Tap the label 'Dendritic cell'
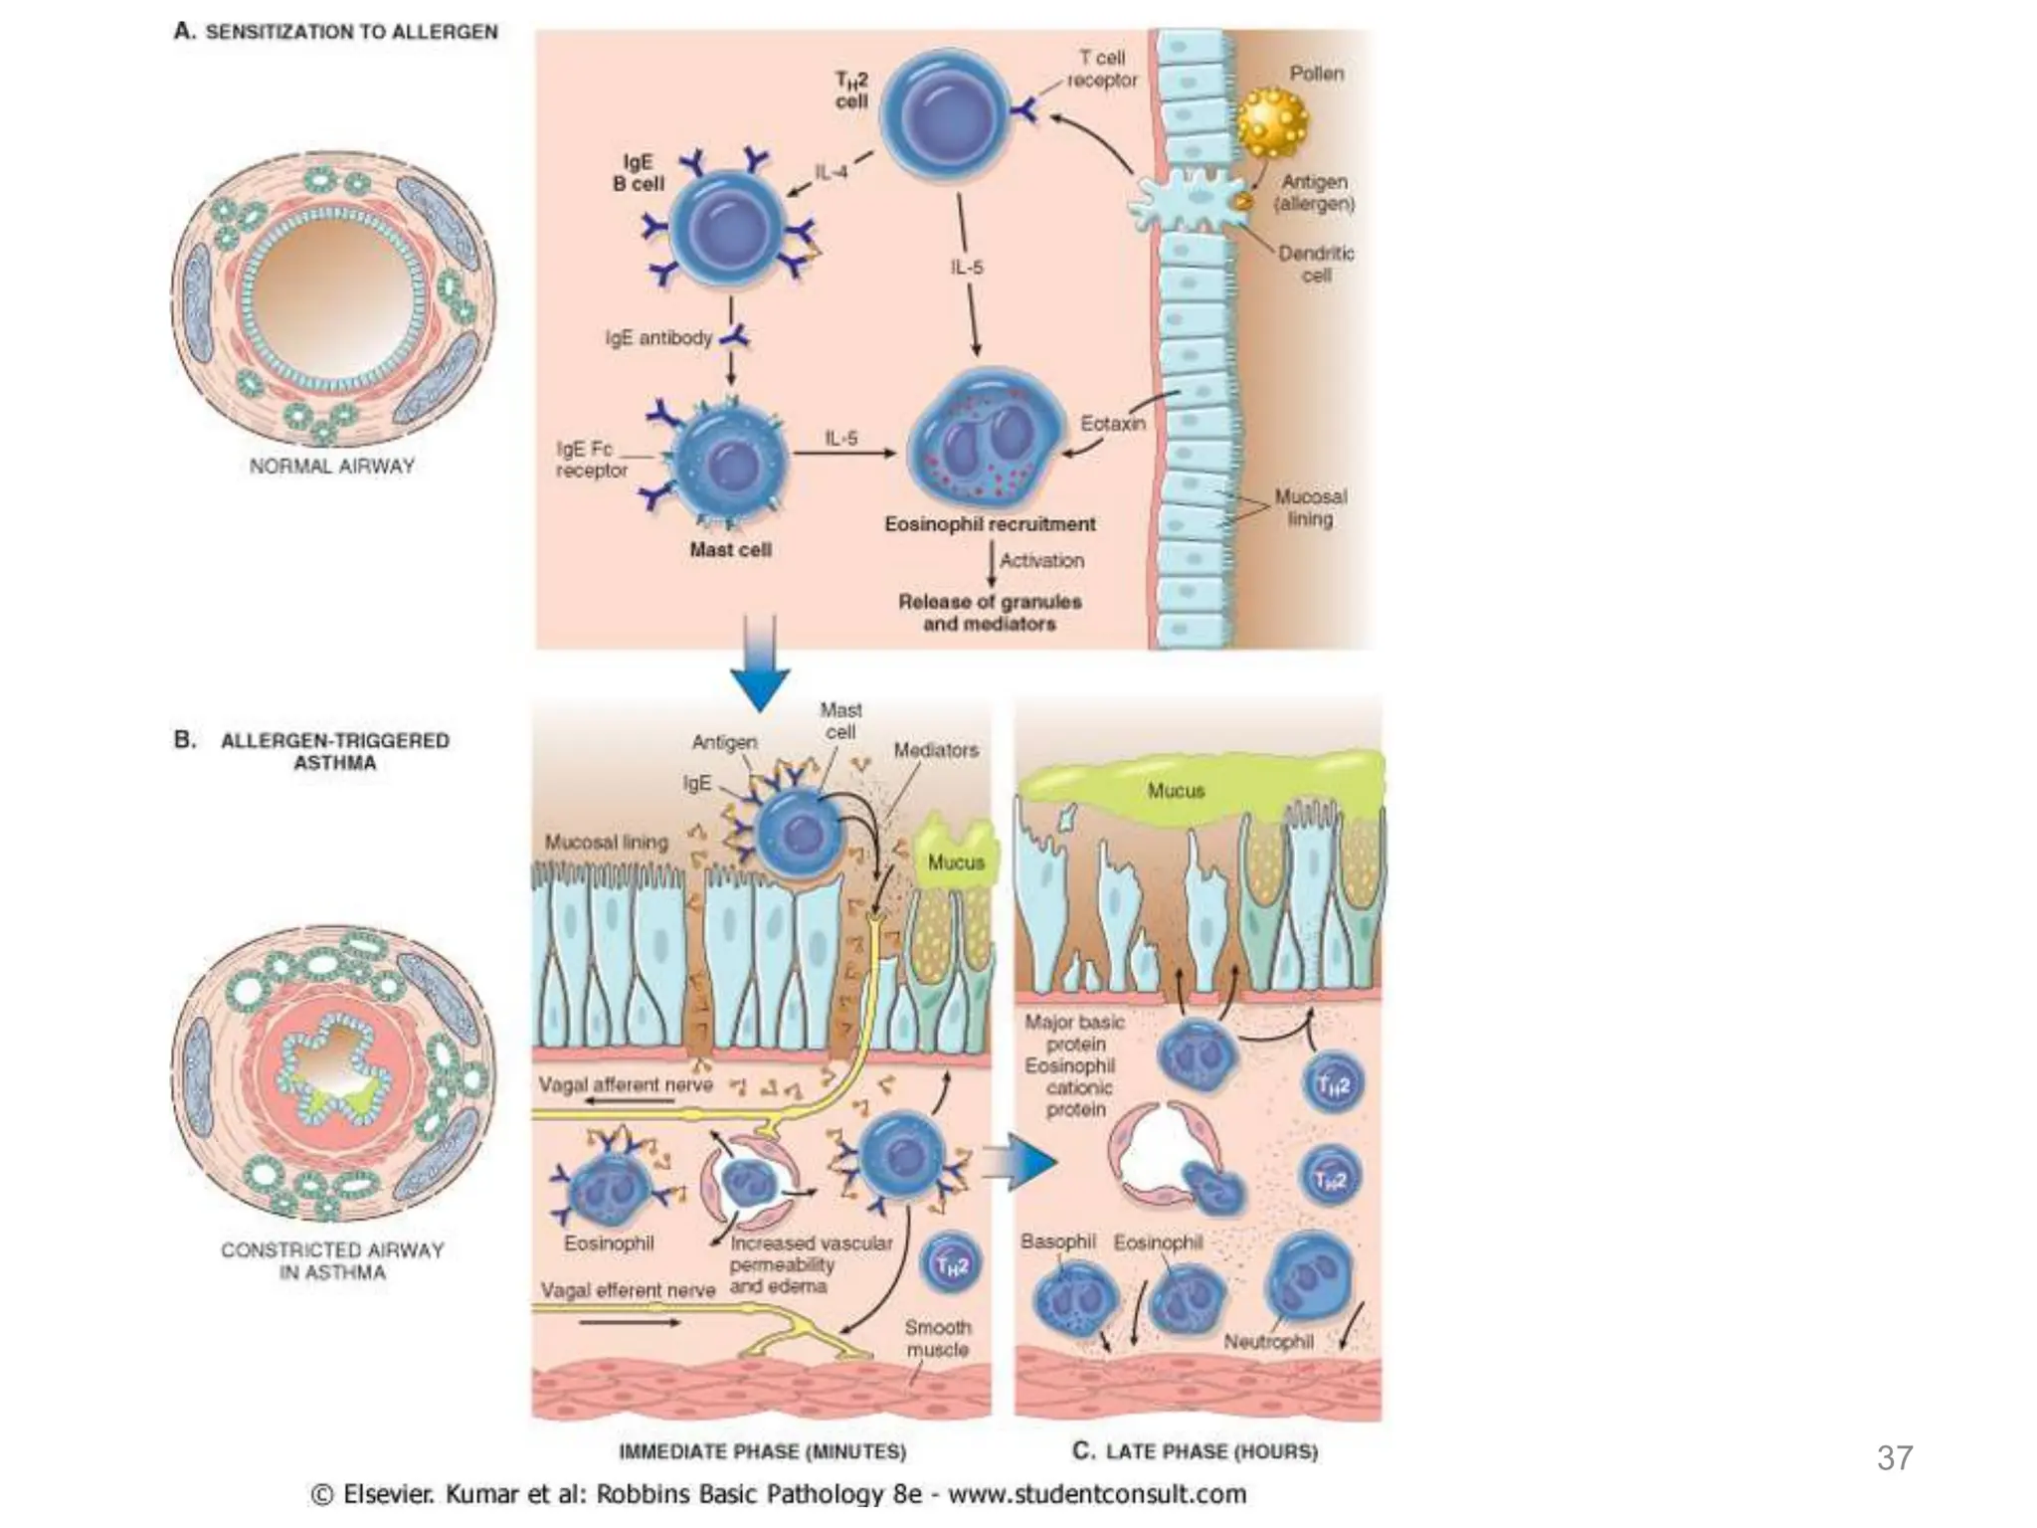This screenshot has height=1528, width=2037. [1315, 264]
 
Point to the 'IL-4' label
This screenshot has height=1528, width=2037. [832, 172]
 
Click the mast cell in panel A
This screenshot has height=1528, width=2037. [731, 457]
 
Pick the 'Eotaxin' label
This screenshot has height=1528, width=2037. [1112, 424]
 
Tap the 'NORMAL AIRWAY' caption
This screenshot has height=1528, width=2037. [331, 466]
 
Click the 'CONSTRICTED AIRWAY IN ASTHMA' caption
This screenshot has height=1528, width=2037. [332, 1260]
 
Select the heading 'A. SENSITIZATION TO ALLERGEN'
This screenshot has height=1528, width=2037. [336, 32]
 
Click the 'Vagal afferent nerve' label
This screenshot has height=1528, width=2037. [625, 1084]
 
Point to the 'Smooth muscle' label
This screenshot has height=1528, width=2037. [937, 1338]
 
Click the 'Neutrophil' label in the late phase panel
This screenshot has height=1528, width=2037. [1268, 1342]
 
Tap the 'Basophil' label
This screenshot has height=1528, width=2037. [1057, 1241]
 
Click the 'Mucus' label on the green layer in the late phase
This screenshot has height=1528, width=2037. [1176, 791]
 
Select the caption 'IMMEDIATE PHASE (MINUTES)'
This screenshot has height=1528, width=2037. [762, 1451]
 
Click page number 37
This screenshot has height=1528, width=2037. [1894, 1457]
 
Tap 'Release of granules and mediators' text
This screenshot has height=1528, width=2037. [990, 613]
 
